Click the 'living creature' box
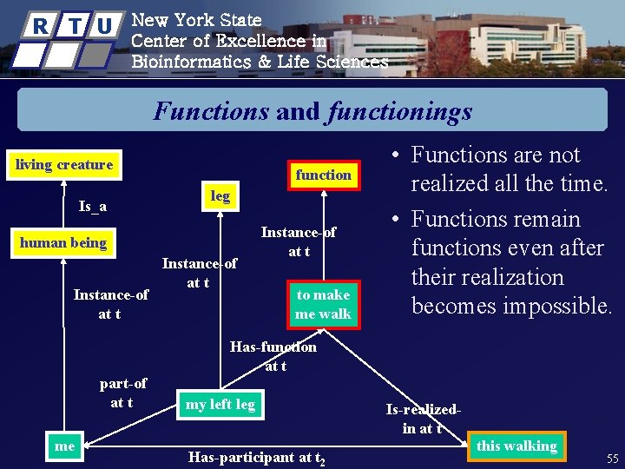click(x=62, y=165)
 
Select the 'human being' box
click(x=63, y=243)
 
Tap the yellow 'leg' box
click(x=220, y=196)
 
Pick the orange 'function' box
click(x=323, y=175)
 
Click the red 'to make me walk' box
click(x=323, y=305)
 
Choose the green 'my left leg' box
click(x=220, y=404)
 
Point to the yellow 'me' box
click(x=64, y=446)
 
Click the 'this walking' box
click(x=516, y=446)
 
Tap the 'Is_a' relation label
click(x=93, y=207)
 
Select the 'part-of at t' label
click(x=122, y=393)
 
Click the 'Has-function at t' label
click(x=273, y=356)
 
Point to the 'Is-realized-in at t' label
click(x=423, y=419)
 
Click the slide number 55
click(x=612, y=458)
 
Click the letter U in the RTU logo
click(x=104, y=26)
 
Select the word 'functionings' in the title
click(x=400, y=111)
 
